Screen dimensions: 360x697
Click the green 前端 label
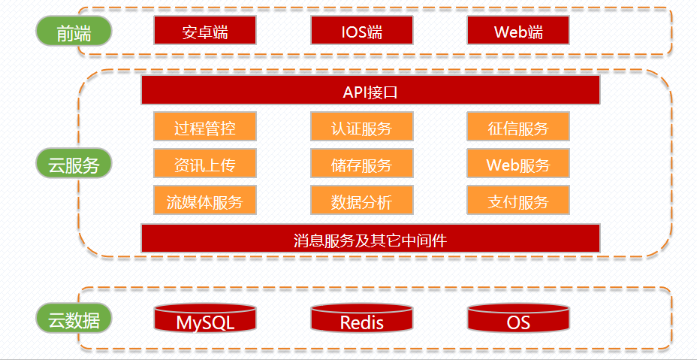click(74, 32)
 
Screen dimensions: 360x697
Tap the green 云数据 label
click(74, 319)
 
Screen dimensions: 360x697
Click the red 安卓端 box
click(205, 32)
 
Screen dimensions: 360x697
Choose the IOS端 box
click(361, 32)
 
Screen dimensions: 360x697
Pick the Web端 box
click(518, 32)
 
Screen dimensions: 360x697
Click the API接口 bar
click(370, 91)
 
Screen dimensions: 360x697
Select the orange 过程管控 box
click(205, 127)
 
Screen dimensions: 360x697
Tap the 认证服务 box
click(361, 127)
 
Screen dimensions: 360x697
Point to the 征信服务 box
click(518, 127)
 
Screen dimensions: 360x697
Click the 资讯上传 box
click(205, 164)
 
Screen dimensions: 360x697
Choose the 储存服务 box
click(361, 164)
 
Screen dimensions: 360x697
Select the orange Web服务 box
click(518, 164)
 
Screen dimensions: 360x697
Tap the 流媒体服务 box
click(205, 201)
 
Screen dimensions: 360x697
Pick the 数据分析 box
click(361, 201)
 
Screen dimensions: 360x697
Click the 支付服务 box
click(518, 201)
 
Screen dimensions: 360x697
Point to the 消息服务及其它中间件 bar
click(370, 239)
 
